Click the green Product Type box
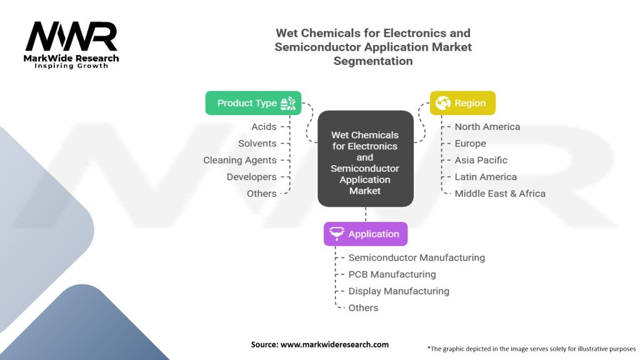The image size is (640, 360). (253, 103)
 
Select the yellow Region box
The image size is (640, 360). (462, 103)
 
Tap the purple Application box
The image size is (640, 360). (365, 234)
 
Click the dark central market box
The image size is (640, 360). (365, 159)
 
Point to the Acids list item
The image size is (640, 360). (264, 127)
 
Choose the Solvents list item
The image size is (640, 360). (257, 144)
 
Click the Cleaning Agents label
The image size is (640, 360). (239, 161)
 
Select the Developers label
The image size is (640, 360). (251, 177)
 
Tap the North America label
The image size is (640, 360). (487, 127)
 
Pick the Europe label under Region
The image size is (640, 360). (470, 144)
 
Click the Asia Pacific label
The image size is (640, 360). (481, 161)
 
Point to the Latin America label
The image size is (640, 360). (486, 177)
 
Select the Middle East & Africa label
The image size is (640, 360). (499, 194)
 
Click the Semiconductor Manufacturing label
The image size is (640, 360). (416, 257)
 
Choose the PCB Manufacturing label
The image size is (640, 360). (392, 274)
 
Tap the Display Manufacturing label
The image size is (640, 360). (399, 291)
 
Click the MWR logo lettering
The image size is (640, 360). (71, 37)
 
